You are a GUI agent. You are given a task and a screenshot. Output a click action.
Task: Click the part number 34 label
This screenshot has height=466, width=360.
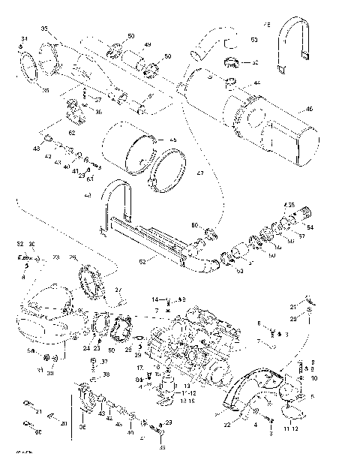[x=23, y=38]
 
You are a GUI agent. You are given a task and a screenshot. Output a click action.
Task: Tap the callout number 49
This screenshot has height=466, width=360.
[x=148, y=45]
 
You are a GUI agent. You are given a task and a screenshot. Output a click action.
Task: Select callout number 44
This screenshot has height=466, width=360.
[x=256, y=83]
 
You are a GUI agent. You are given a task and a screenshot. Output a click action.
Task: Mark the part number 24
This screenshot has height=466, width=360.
[x=86, y=348]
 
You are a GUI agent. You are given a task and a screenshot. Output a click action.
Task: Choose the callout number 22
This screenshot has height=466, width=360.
[x=225, y=425]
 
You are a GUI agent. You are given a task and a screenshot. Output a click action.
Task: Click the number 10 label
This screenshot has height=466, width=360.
[x=313, y=379]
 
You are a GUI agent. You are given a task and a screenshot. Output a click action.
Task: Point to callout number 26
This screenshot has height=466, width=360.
[x=73, y=257]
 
